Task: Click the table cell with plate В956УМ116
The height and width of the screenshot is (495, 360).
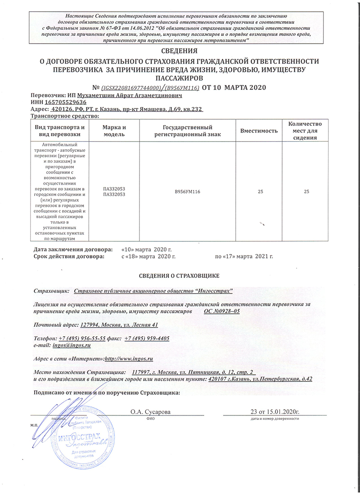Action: (187, 192)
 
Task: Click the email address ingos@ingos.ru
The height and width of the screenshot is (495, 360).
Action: (72, 345)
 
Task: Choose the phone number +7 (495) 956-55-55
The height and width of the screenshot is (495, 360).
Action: (82, 338)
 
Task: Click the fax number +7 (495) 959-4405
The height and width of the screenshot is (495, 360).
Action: (147, 338)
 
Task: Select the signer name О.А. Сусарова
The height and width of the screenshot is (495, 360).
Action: (150, 411)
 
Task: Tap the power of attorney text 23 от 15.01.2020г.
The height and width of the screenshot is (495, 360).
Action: (275, 411)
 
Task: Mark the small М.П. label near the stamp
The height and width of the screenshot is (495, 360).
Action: (34, 425)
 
